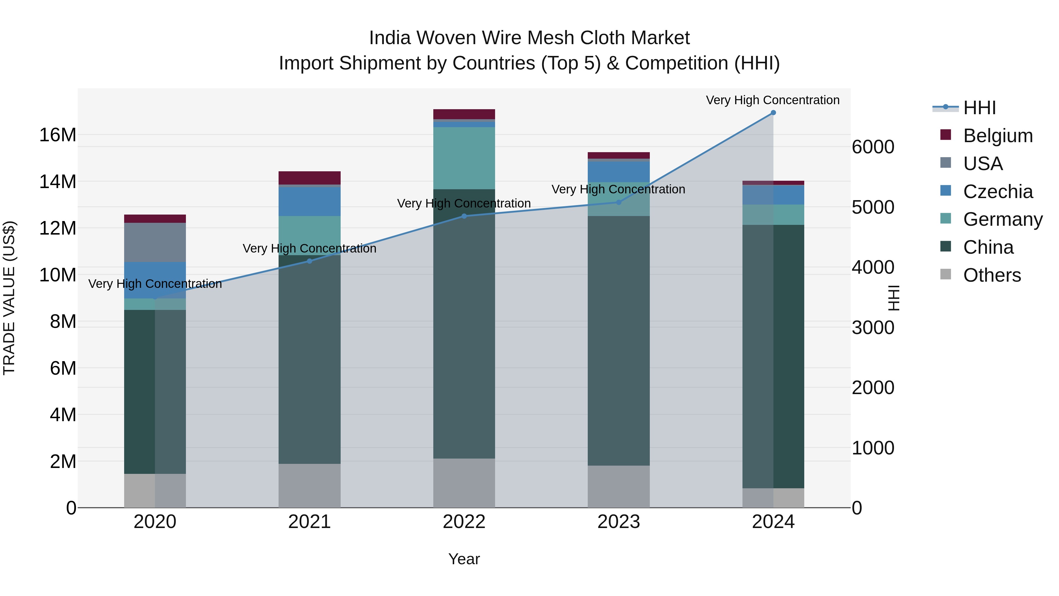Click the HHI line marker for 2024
click(773, 113)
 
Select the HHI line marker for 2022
click(464, 216)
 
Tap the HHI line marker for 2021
click(309, 261)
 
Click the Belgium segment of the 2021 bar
click(309, 178)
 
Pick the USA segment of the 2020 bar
click(155, 242)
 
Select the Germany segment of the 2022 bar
click(464, 158)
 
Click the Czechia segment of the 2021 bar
click(309, 202)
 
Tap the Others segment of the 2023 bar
click(618, 487)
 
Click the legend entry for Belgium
click(998, 136)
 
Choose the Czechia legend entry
click(998, 192)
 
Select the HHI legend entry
click(979, 108)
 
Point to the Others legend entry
click(992, 275)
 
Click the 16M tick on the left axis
click(58, 135)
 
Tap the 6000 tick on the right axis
click(873, 147)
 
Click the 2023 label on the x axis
click(618, 522)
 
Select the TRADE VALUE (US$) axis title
click(9, 298)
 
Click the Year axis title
click(464, 559)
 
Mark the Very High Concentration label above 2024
click(772, 100)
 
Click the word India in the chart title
click(390, 38)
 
